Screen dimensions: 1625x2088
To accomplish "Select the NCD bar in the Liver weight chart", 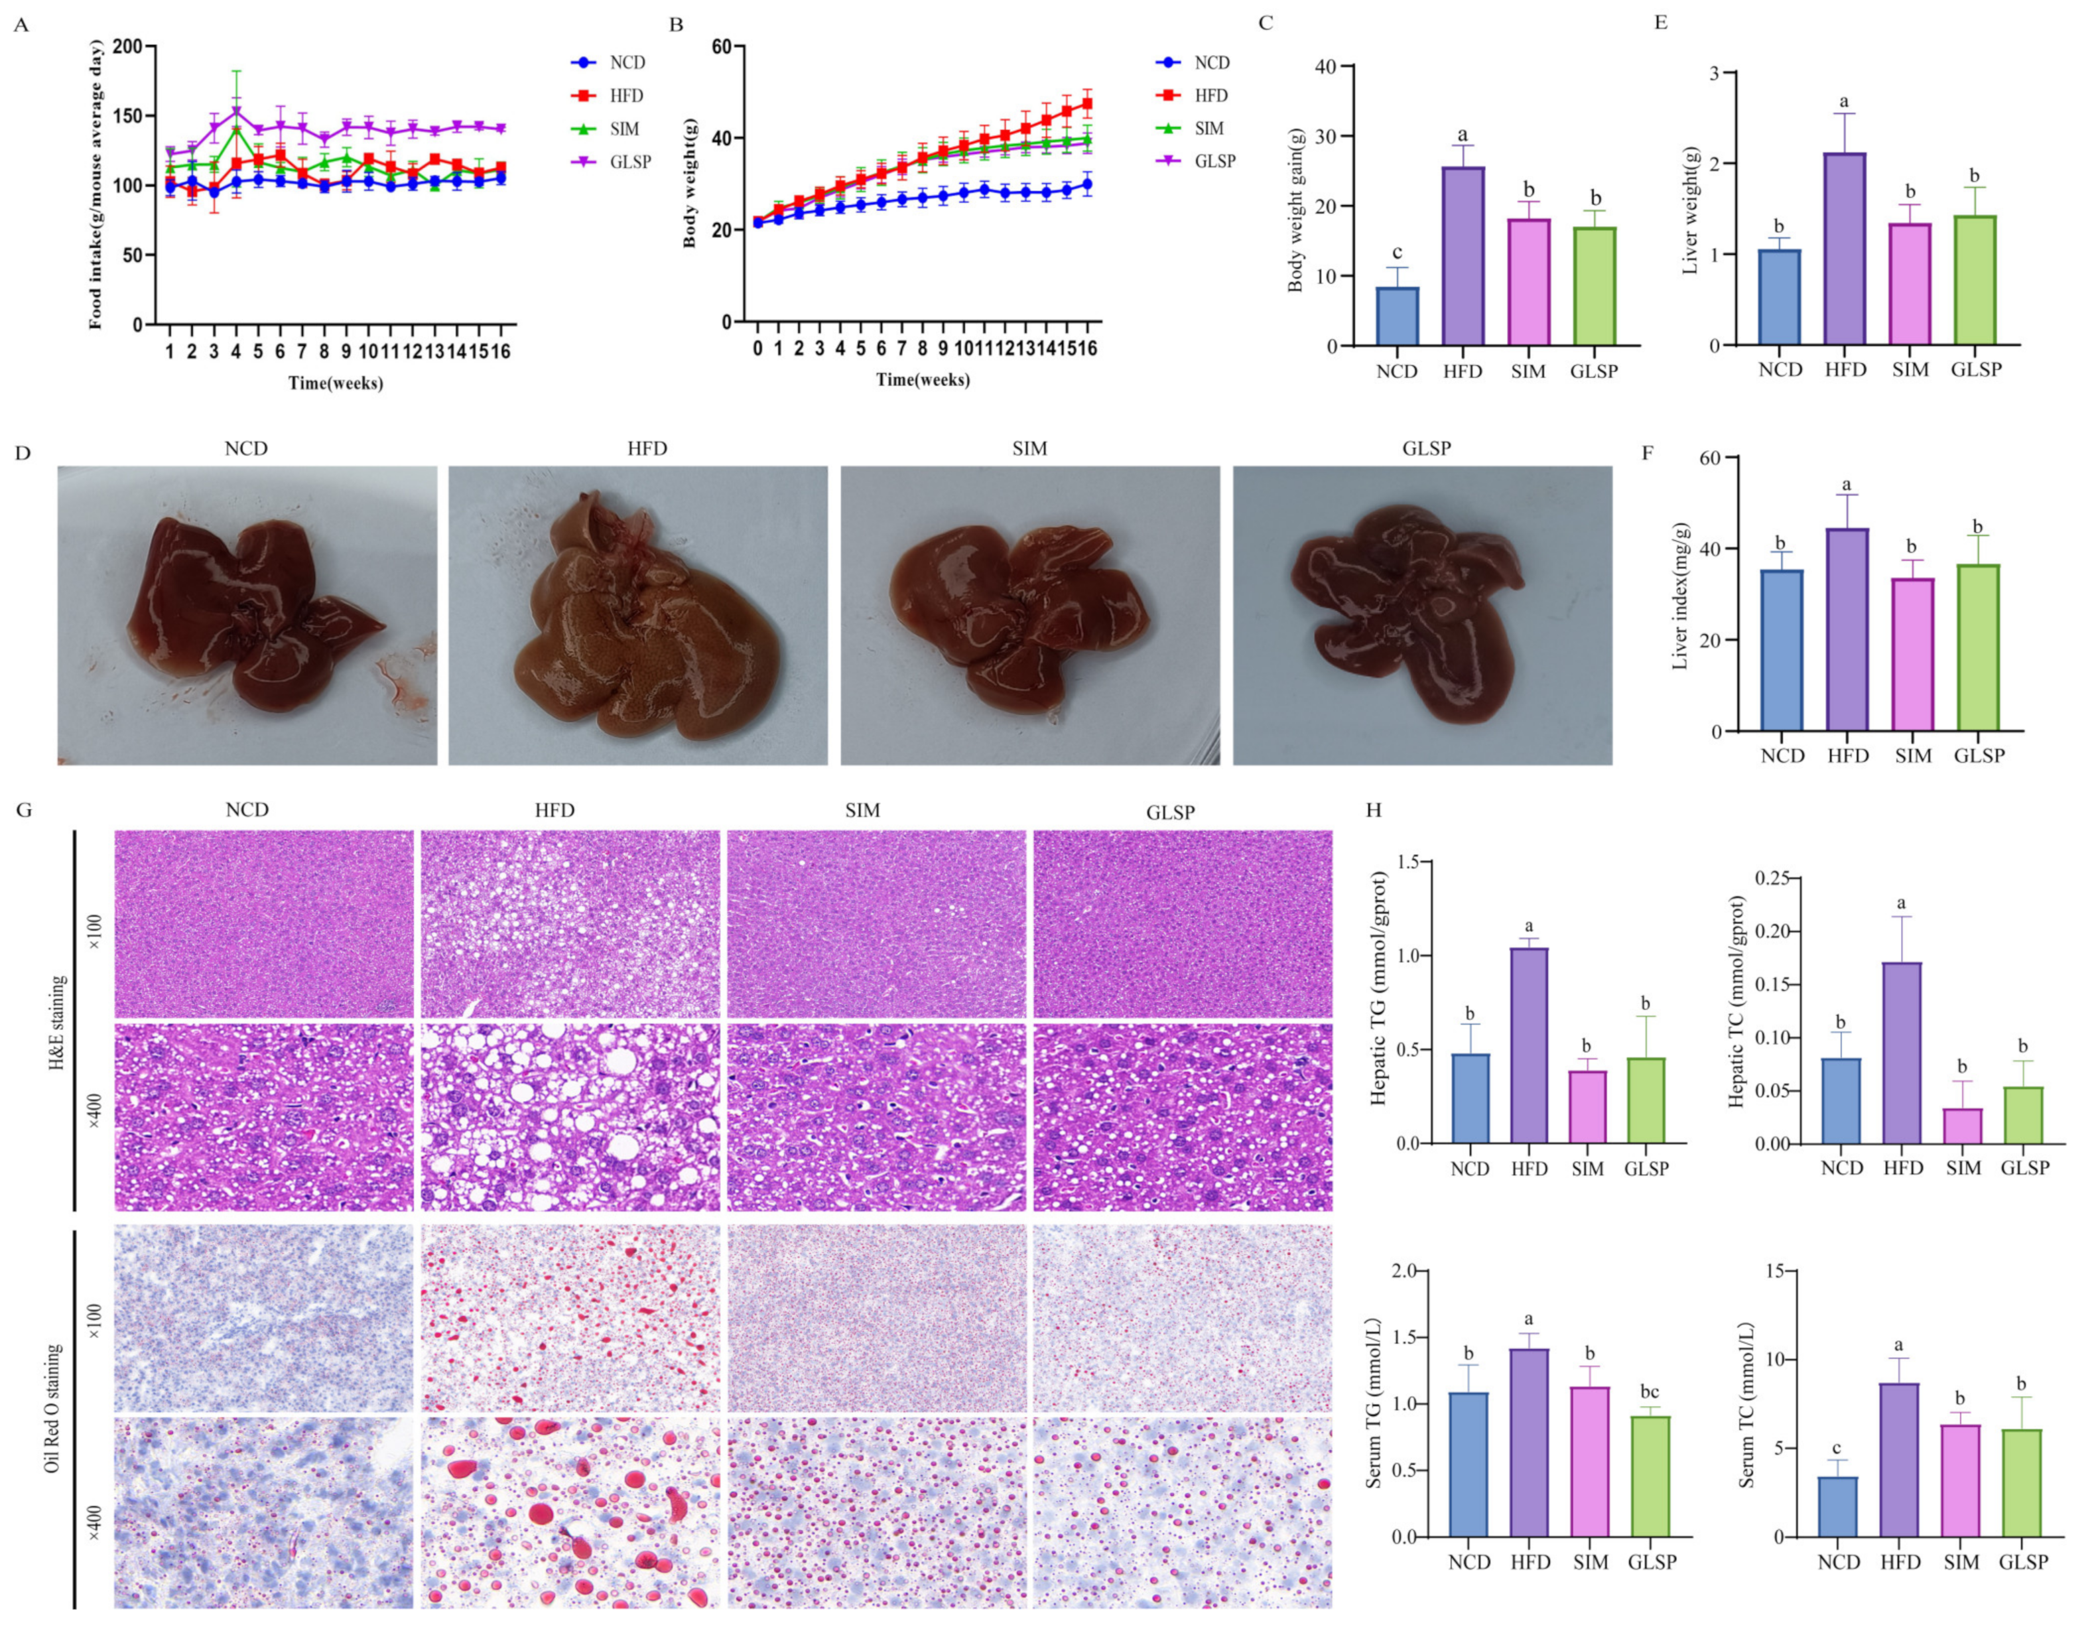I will (x=1779, y=296).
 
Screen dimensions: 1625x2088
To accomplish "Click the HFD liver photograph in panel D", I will (x=637, y=615).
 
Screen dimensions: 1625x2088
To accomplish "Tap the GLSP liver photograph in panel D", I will (x=1421, y=615).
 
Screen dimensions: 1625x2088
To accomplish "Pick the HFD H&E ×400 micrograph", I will (x=570, y=1116).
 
